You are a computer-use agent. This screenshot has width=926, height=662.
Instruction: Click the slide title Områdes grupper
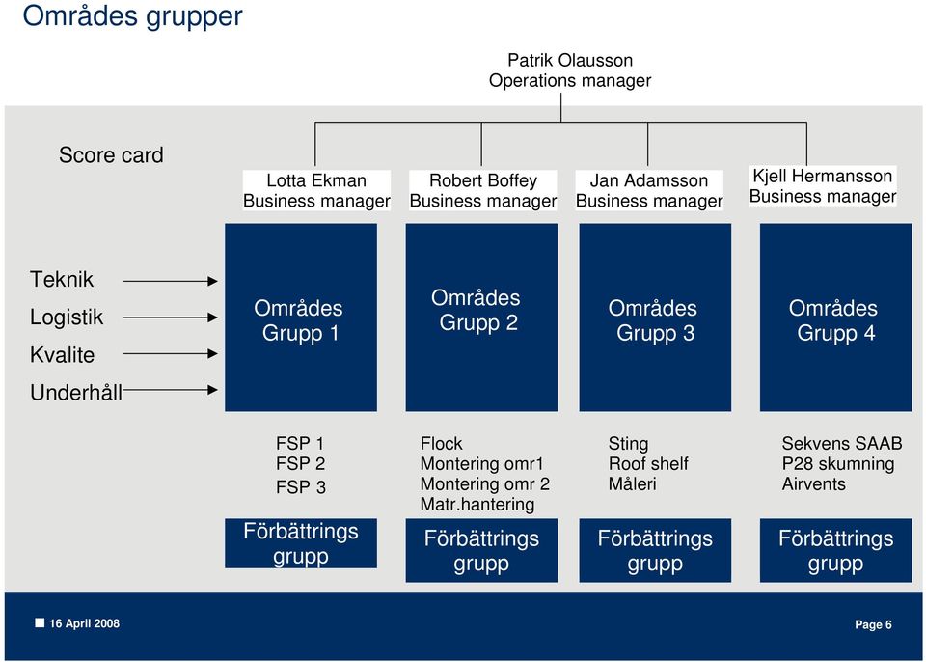tap(132, 16)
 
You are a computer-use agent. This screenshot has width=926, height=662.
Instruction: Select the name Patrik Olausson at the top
tap(570, 60)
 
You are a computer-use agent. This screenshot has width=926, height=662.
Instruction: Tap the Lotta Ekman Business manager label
tap(316, 190)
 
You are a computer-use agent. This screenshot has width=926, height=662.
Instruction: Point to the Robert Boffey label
tap(483, 180)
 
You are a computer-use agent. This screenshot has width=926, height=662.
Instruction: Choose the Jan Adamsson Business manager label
tap(649, 190)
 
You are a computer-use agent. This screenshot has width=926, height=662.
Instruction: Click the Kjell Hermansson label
tap(822, 176)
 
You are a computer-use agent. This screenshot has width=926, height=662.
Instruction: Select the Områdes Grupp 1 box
tap(301, 317)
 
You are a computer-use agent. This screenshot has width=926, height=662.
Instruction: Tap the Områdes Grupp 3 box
tap(655, 317)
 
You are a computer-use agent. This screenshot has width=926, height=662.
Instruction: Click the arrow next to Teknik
tap(171, 282)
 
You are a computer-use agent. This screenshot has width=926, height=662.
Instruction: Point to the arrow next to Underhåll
tap(171, 390)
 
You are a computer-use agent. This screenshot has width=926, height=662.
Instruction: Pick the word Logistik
tap(67, 317)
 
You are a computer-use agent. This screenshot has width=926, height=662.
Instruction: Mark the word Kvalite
tap(62, 355)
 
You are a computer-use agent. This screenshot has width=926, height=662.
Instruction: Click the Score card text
tap(111, 154)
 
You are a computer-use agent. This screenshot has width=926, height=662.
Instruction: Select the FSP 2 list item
tap(301, 463)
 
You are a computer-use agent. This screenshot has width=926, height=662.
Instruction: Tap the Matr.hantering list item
tap(477, 504)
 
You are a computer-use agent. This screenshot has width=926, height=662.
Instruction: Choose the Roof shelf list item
tap(648, 463)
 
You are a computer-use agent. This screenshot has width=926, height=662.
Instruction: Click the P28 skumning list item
tap(838, 463)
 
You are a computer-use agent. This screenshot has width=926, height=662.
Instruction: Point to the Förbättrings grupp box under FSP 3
tap(301, 543)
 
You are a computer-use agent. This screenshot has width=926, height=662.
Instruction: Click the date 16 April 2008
tap(85, 623)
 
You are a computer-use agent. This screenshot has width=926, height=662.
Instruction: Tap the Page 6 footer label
tap(874, 624)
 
